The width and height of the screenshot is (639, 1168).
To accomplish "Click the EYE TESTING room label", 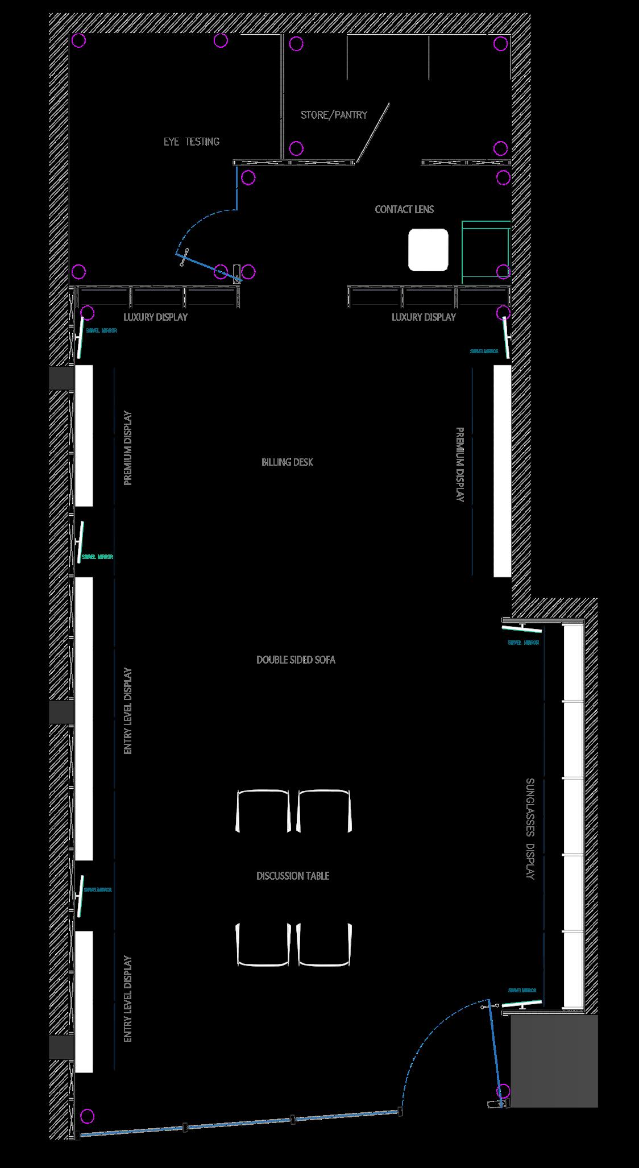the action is (192, 142).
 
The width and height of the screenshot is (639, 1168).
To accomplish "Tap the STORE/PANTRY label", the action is (334, 115).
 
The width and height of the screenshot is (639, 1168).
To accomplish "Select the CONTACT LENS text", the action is (404, 209).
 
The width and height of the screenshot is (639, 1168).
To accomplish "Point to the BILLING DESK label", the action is (287, 462).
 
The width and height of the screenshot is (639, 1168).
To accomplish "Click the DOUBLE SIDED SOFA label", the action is (296, 660).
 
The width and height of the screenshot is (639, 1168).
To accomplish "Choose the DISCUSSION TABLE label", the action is (293, 876).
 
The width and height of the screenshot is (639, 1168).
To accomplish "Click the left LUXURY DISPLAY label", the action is (155, 317).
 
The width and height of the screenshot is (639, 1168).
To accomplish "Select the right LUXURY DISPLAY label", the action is (424, 317).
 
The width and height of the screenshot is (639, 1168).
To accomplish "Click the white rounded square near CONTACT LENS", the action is (428, 250).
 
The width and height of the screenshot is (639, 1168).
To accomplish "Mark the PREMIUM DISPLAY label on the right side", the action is (460, 465).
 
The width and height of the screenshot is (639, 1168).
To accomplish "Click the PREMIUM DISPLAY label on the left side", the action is (127, 448).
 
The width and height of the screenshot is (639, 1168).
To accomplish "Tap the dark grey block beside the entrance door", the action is (554, 1060).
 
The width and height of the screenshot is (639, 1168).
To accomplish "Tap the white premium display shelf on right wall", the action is (503, 471).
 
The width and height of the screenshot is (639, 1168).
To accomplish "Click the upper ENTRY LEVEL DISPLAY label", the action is (127, 711).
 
